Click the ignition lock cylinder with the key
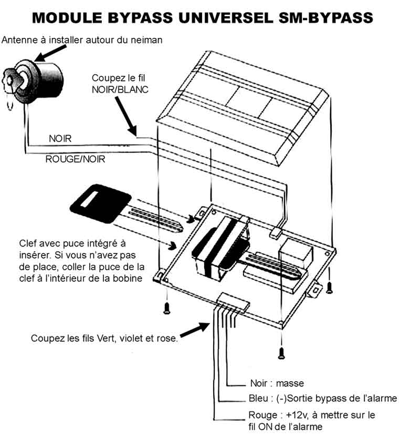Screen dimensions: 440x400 [x=39, y=85]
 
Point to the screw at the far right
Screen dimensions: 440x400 [x=330, y=286]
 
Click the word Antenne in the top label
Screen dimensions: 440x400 [x=19, y=40]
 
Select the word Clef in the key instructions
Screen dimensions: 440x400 [x=28, y=244]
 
